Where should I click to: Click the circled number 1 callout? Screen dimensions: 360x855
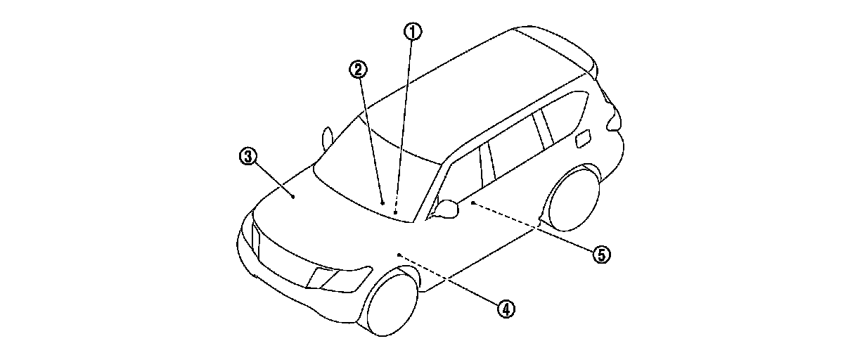(412, 32)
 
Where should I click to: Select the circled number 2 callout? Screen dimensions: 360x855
(359, 68)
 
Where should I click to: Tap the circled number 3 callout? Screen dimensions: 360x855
(247, 157)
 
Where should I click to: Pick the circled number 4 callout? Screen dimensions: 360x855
(505, 307)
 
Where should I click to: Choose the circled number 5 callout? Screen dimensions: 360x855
(600, 254)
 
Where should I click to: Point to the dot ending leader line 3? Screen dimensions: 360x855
(293, 198)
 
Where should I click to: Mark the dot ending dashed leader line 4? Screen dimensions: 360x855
(399, 254)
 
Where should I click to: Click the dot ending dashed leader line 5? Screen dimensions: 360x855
(472, 202)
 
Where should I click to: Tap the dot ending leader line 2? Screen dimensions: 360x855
(382, 202)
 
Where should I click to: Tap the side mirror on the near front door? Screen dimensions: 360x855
(448, 208)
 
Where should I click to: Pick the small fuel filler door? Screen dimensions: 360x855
(583, 139)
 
